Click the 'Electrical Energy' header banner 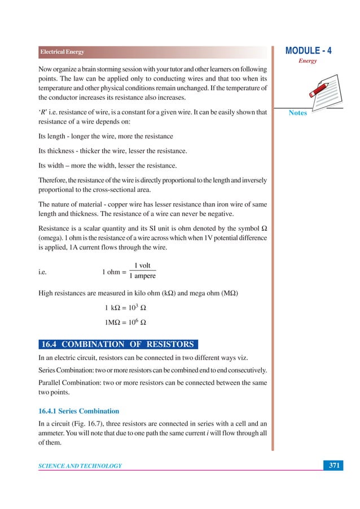point(62,52)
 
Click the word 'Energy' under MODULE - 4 point(307,61)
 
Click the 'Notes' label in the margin point(297,113)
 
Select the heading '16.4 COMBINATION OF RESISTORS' point(119,344)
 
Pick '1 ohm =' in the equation point(114,271)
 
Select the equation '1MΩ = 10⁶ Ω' point(125,323)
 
